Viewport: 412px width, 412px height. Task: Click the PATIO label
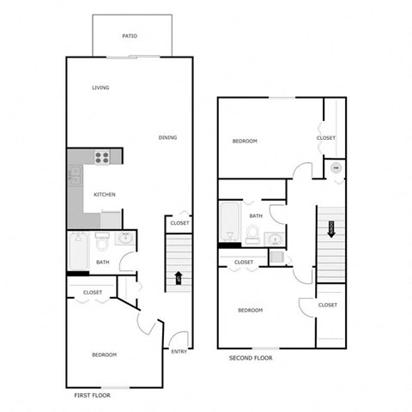(x=130, y=36)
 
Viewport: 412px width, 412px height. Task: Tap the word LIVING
(x=101, y=88)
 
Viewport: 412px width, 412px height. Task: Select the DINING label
(x=167, y=137)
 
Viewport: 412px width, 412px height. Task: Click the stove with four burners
(x=103, y=157)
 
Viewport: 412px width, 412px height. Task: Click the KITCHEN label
(x=105, y=194)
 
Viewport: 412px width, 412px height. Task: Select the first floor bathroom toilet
(x=101, y=239)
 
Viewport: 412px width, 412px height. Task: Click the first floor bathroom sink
(x=124, y=239)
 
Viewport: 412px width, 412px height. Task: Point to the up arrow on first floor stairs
(x=179, y=277)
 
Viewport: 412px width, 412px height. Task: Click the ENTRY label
(x=179, y=351)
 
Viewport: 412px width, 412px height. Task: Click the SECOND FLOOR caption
(x=251, y=358)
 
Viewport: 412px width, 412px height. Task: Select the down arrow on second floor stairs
(x=330, y=228)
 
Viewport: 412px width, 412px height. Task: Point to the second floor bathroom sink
(x=275, y=239)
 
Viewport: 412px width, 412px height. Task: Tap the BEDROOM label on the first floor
(x=105, y=354)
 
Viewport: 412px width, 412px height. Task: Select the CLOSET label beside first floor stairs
(x=179, y=223)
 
